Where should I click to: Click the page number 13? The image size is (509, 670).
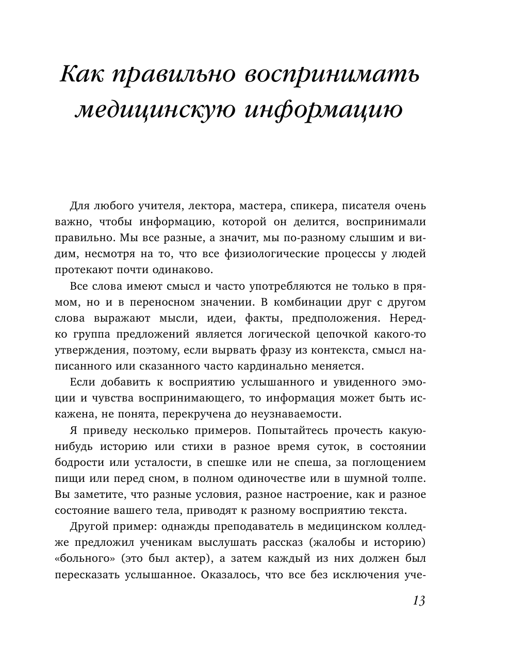click(x=419, y=600)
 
